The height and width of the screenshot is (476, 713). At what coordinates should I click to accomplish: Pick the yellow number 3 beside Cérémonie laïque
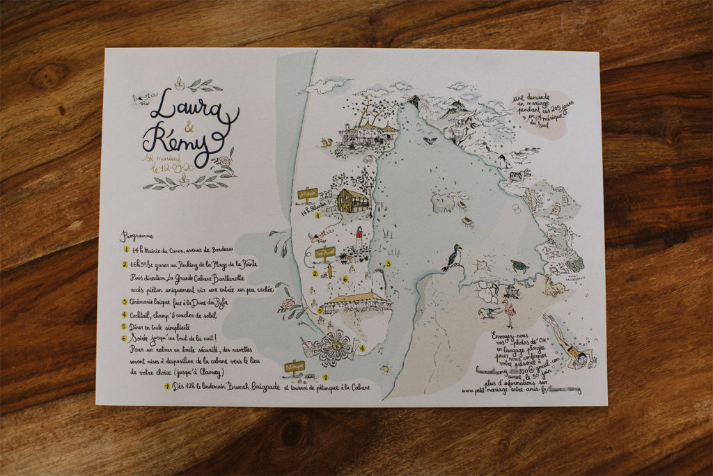click(x=125, y=301)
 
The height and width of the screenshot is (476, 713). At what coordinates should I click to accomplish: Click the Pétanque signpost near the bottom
click(x=295, y=367)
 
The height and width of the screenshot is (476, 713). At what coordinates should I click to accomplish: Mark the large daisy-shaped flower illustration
click(x=334, y=347)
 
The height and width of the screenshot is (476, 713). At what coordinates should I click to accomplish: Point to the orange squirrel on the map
click(x=325, y=142)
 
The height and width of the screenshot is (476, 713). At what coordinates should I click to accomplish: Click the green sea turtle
click(x=518, y=265)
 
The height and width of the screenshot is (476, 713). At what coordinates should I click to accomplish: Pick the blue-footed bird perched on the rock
click(x=453, y=257)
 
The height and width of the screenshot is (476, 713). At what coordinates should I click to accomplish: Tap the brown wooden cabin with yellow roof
click(x=353, y=200)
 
